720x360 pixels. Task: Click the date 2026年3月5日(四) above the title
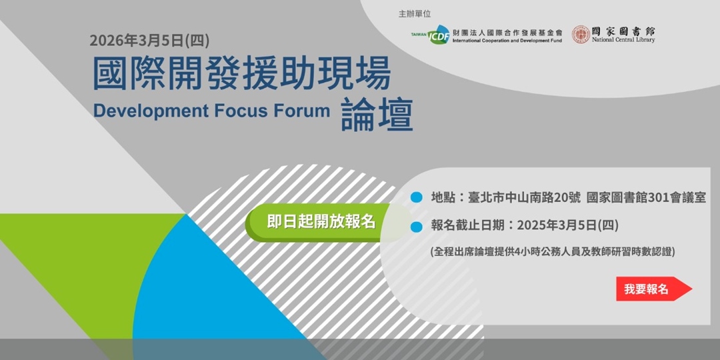150,41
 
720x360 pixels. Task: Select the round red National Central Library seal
581,35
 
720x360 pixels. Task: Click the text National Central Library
623,41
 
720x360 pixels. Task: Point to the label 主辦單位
415,14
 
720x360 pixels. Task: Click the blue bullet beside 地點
417,197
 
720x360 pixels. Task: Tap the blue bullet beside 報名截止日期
417,227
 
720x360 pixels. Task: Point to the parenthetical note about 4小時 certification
553,251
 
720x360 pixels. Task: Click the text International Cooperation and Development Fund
507,41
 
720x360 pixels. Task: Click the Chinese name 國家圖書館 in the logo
623,31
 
